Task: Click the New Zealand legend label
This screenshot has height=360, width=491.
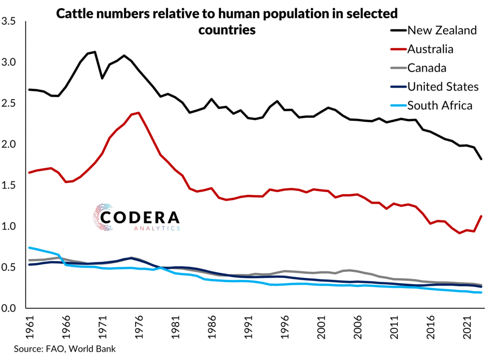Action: [x=442, y=31]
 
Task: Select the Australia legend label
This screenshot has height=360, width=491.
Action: [x=430, y=49]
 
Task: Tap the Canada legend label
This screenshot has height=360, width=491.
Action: [x=427, y=68]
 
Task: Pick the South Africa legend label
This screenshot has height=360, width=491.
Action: [x=440, y=105]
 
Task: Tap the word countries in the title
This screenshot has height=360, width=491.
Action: [x=226, y=30]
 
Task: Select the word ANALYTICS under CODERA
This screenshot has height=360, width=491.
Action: [x=155, y=229]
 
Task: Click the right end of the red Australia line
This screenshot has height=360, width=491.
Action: [x=481, y=216]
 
